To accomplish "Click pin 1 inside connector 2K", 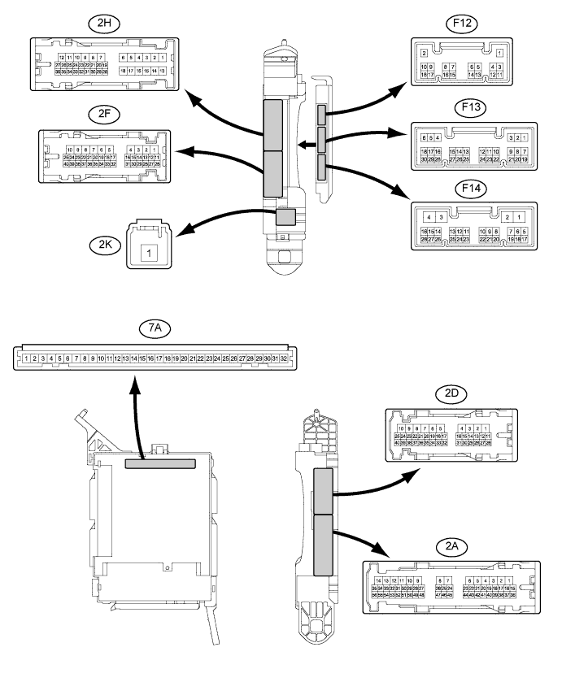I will coord(148,253).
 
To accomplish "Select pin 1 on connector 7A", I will coord(27,358).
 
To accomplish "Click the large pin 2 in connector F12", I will coord(425,53).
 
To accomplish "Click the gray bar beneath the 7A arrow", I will coord(160,463).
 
